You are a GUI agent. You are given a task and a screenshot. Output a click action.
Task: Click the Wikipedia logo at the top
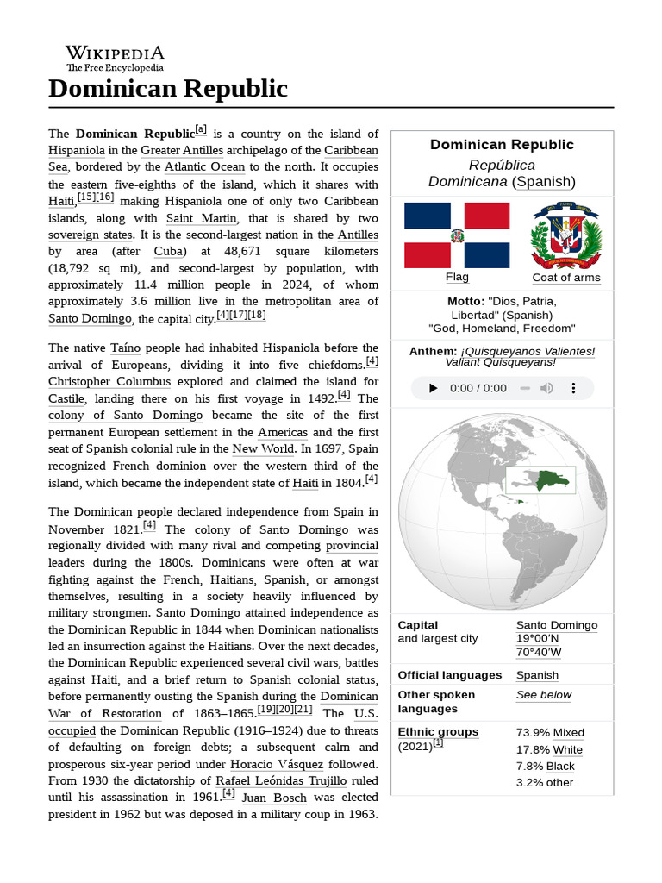click(x=115, y=59)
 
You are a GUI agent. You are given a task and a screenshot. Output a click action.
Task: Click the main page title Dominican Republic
click(x=167, y=89)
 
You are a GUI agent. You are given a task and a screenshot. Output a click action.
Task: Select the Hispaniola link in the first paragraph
click(x=77, y=150)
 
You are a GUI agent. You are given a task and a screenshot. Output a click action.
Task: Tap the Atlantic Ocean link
click(x=204, y=166)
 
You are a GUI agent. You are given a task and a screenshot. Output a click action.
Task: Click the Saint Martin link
click(x=201, y=218)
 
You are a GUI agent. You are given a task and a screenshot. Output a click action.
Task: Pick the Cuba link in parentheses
click(x=169, y=251)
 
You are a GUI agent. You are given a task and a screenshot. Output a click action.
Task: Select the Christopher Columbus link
click(x=109, y=381)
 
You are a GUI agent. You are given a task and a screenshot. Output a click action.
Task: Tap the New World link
click(x=263, y=448)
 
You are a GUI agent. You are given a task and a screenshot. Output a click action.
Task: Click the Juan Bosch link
click(x=274, y=798)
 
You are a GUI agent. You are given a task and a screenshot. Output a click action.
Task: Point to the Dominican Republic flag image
click(x=457, y=235)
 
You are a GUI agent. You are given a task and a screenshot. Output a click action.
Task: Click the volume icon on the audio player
click(x=546, y=388)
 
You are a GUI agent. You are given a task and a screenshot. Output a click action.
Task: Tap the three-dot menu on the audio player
click(x=574, y=388)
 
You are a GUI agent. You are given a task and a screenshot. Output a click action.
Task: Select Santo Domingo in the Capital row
click(x=556, y=625)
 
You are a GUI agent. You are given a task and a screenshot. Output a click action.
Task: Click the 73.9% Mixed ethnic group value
click(x=549, y=732)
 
